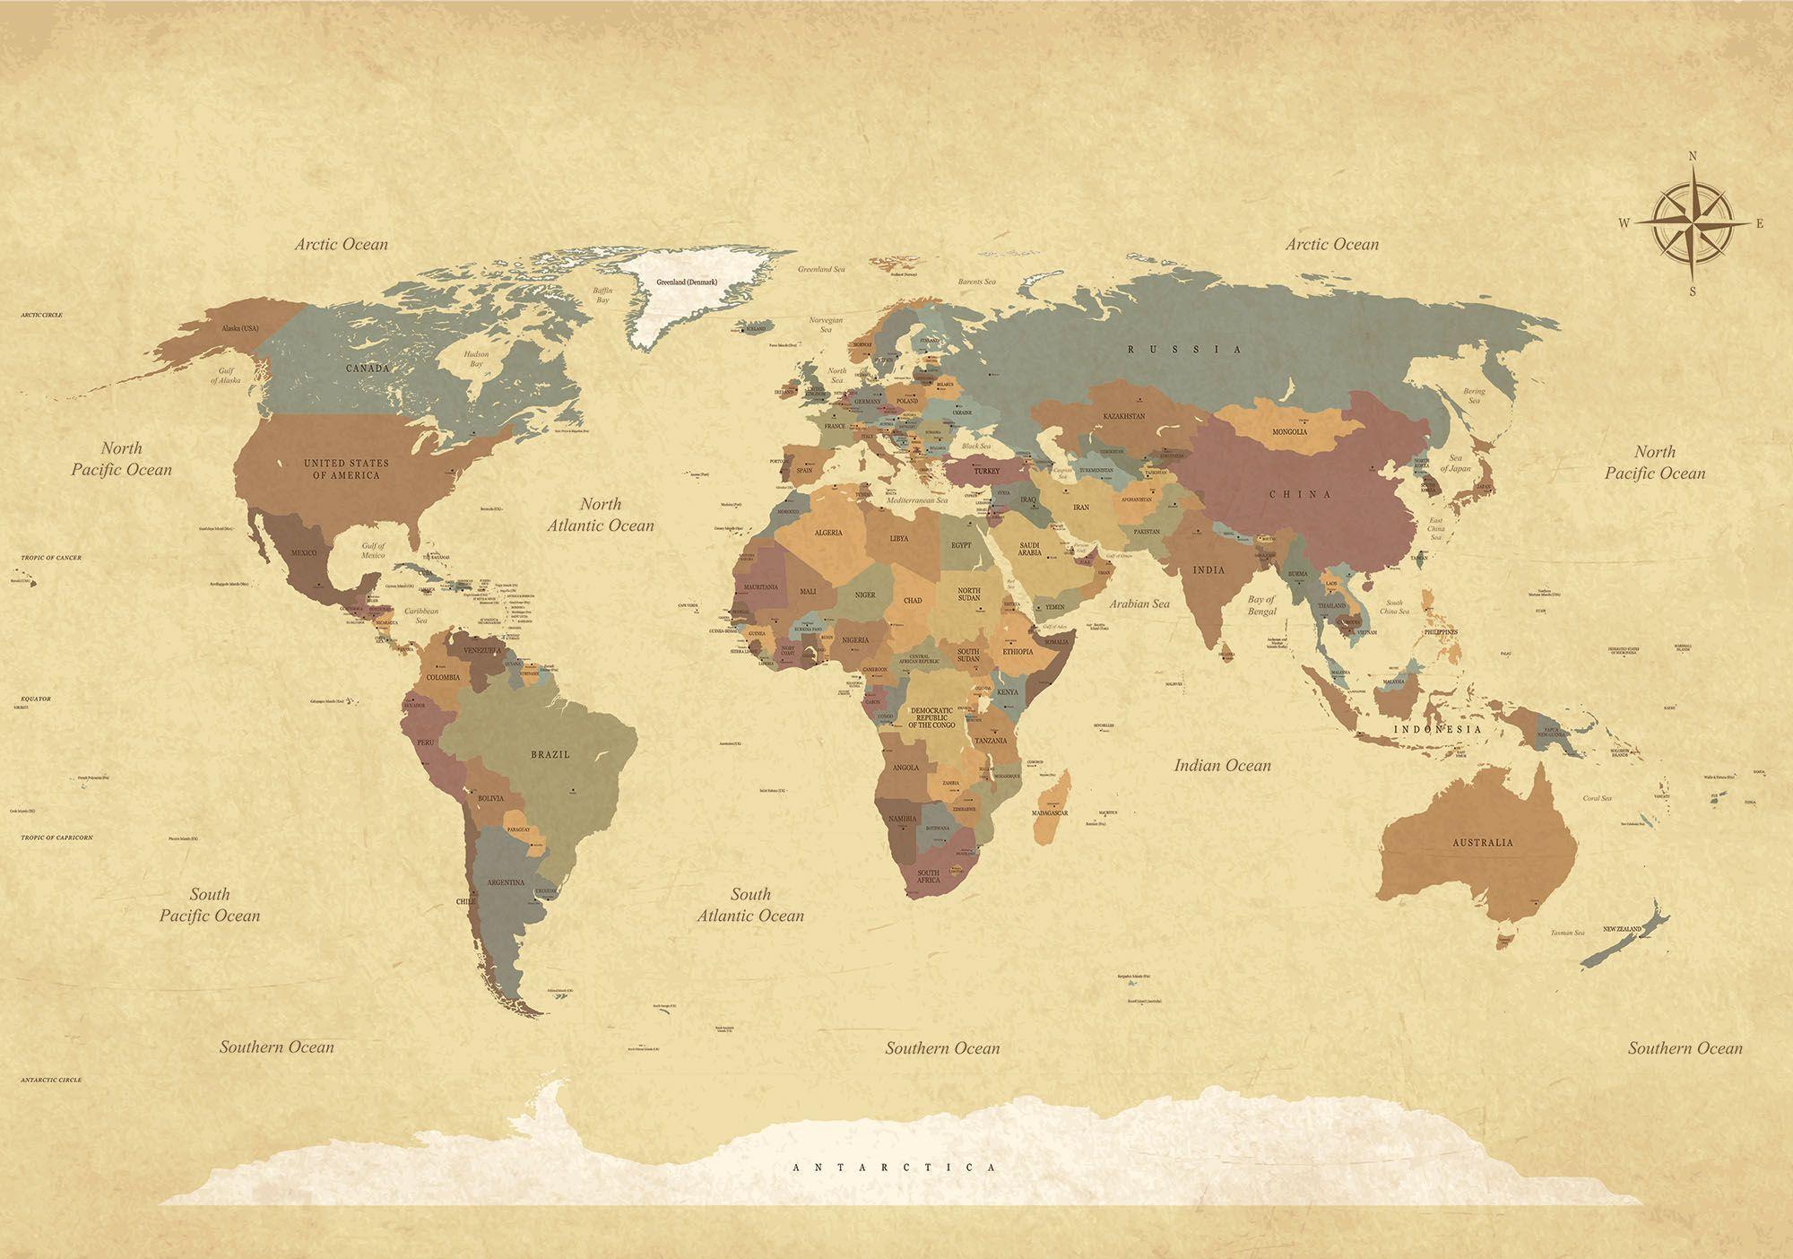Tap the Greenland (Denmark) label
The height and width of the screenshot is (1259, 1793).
(687, 282)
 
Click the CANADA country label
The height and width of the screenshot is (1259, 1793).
(368, 369)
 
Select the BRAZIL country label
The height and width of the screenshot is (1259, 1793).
(550, 754)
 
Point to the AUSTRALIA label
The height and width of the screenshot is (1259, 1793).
(1483, 842)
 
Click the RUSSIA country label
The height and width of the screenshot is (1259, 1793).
(1184, 349)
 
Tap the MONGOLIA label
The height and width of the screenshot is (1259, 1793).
(1289, 431)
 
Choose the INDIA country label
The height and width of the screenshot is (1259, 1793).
(1208, 569)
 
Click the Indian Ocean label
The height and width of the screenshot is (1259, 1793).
(1223, 766)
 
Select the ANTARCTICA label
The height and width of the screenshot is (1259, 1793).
(895, 1168)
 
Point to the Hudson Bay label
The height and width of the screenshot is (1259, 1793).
(477, 360)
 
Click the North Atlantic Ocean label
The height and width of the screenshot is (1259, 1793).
(601, 515)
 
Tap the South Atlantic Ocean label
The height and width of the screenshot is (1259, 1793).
(750, 905)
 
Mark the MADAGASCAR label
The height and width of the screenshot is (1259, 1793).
(1049, 812)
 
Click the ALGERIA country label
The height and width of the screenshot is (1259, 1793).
(827, 533)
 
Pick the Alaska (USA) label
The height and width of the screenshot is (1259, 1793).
(239, 328)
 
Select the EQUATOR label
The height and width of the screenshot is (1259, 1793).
(36, 699)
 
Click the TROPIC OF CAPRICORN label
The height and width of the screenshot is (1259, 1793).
(56, 837)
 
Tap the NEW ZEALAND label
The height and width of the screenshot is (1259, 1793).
(1622, 928)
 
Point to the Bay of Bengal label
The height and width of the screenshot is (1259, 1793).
(1261, 605)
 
